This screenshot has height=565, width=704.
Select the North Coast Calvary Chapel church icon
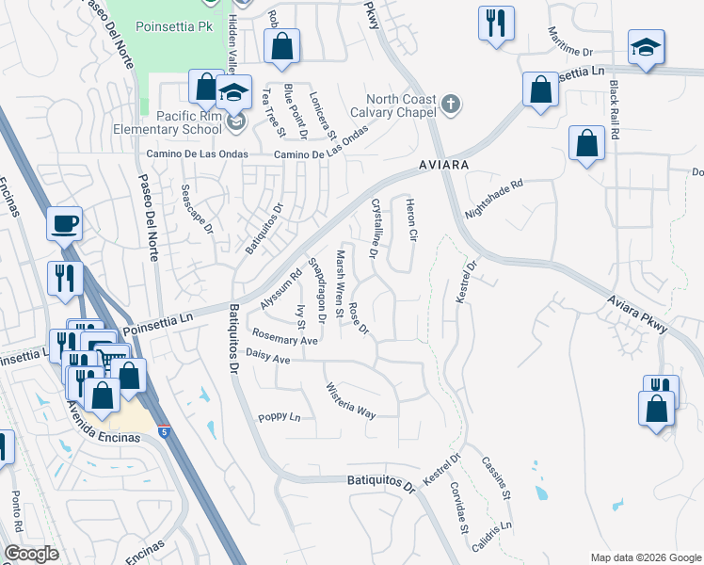pyautogui.click(x=452, y=104)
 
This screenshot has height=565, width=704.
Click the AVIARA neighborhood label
pyautogui.click(x=443, y=164)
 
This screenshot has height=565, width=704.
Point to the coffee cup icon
pyautogui.click(x=65, y=224)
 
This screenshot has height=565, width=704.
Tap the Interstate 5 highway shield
pyautogui.click(x=165, y=432)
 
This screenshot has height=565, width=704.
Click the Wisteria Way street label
pyautogui.click(x=350, y=401)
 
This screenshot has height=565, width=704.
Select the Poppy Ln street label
pyautogui.click(x=279, y=416)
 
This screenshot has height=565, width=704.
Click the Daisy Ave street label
pyautogui.click(x=267, y=358)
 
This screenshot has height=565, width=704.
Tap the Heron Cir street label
pyautogui.click(x=410, y=219)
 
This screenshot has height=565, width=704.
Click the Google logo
pyautogui.click(x=31, y=554)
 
